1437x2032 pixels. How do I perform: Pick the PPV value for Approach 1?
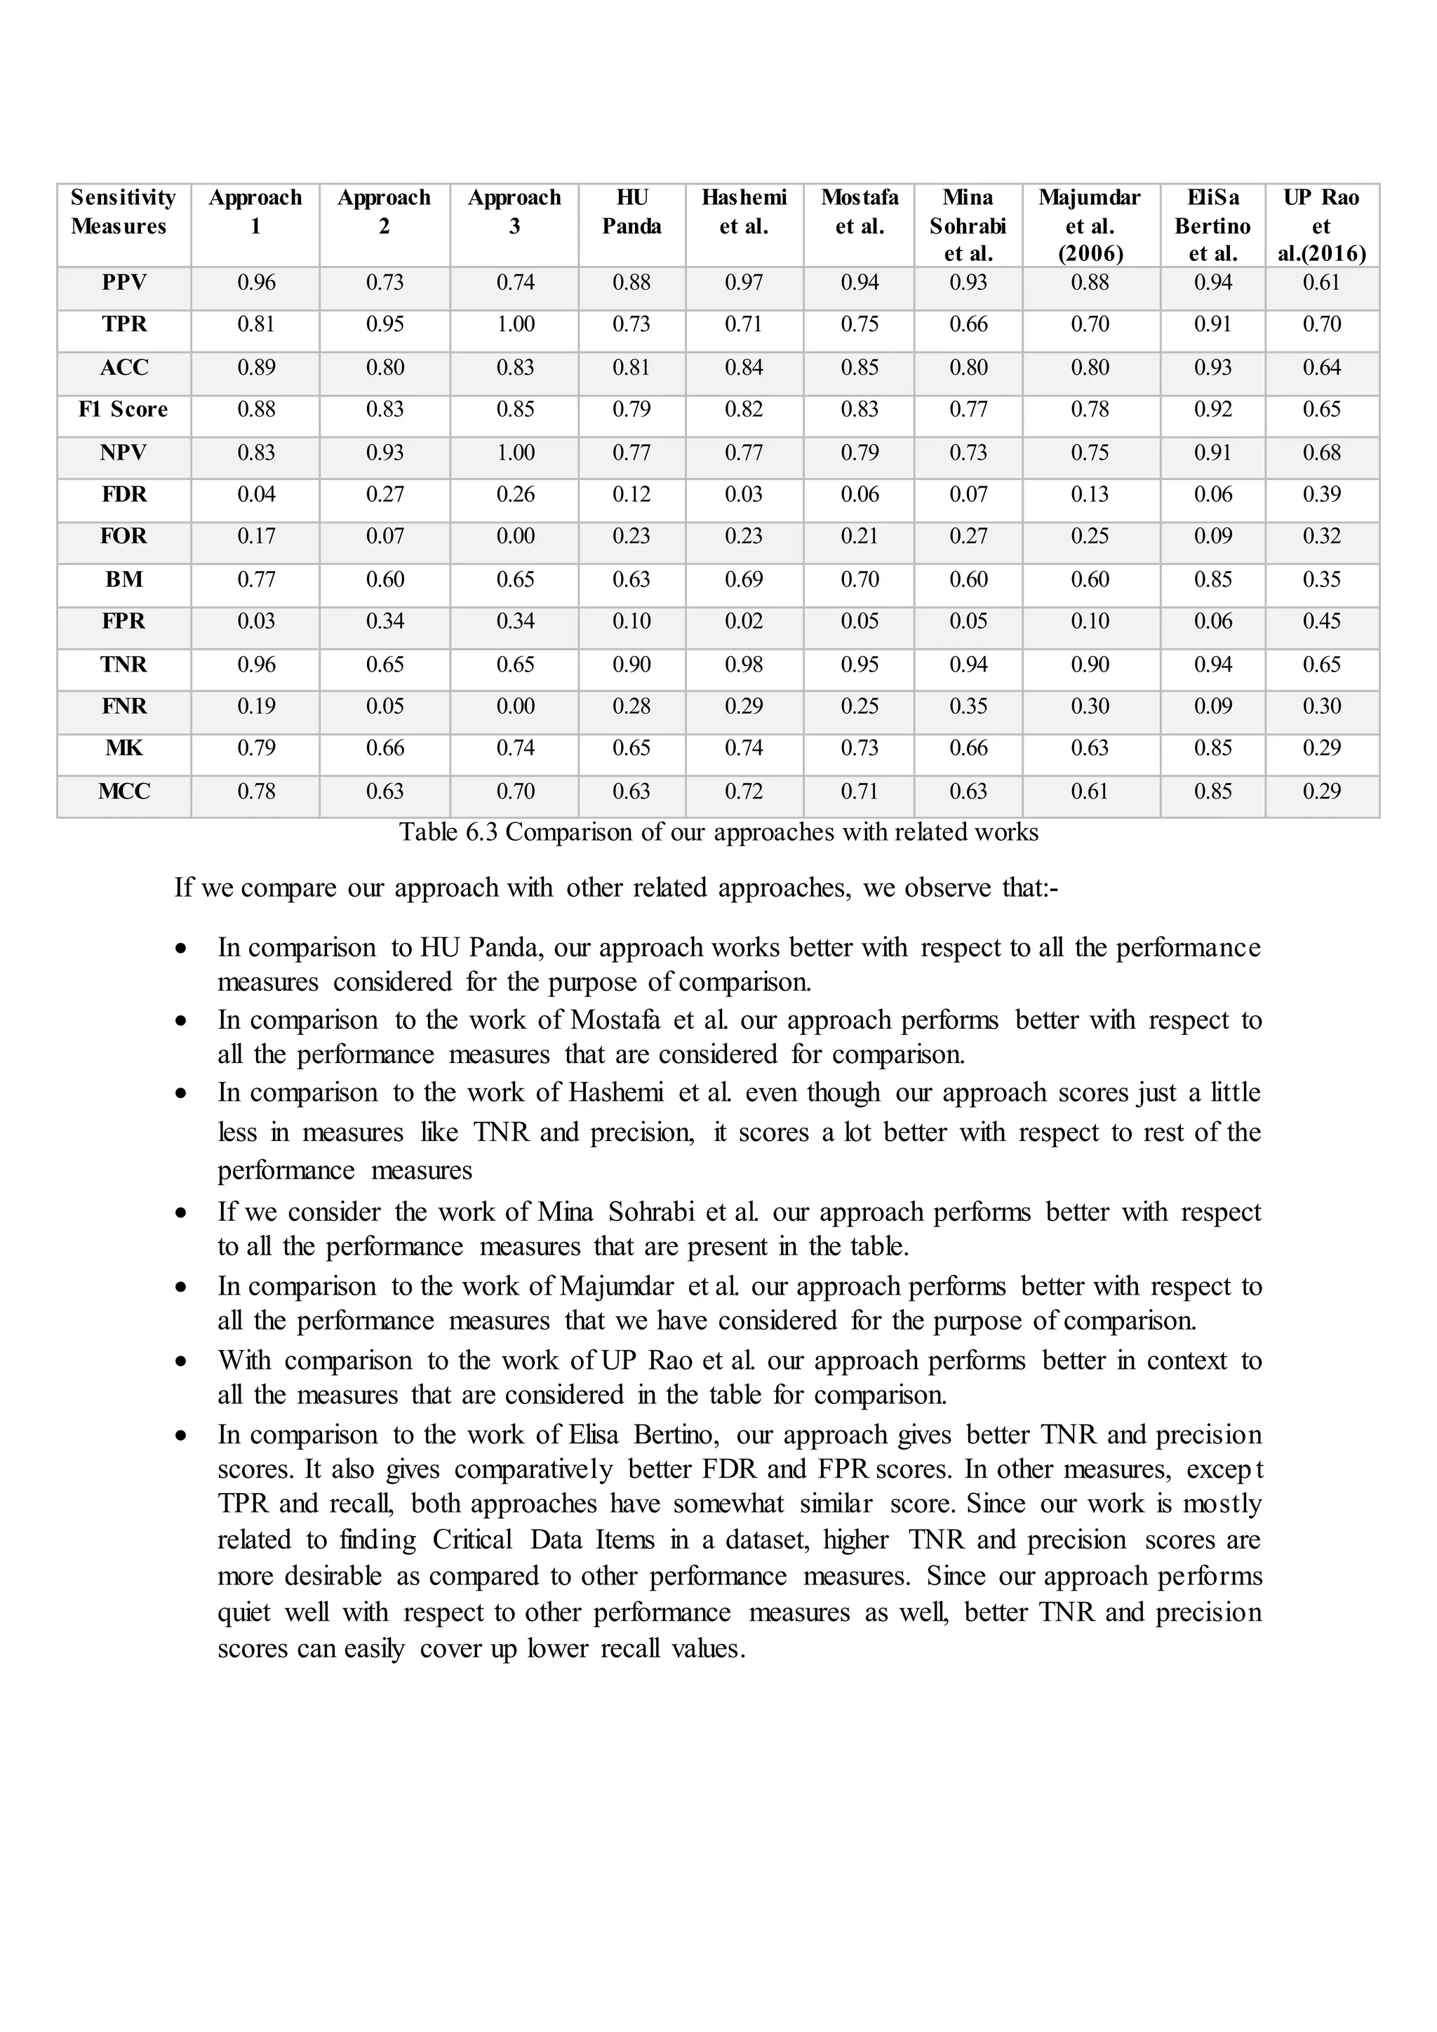255,283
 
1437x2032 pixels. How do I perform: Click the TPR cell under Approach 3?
515,325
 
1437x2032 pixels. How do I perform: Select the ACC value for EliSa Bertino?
1212,367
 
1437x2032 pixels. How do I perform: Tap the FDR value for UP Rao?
1321,495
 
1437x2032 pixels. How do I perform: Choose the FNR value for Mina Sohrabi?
968,707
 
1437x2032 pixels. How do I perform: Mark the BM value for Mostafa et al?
860,580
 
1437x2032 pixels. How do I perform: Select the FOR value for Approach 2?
385,536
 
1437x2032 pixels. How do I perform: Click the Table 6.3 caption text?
718,833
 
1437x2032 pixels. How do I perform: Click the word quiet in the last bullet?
243,1612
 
